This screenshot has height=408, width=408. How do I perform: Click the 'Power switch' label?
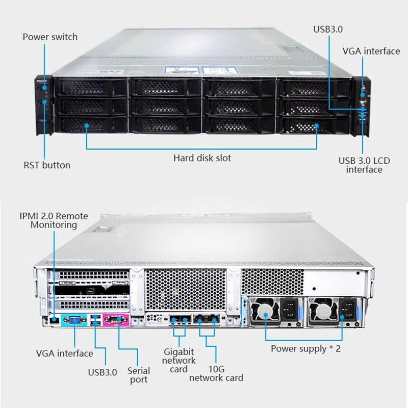pyautogui.click(x=50, y=37)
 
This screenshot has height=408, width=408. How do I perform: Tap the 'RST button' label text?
pyautogui.click(x=47, y=165)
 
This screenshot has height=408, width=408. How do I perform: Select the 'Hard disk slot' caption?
pyautogui.click(x=202, y=158)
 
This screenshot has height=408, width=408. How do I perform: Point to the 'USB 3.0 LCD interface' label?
pyautogui.click(x=364, y=165)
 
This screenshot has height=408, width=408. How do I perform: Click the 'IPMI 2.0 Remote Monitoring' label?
pyautogui.click(x=54, y=220)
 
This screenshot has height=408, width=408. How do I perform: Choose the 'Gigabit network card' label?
pyautogui.click(x=179, y=361)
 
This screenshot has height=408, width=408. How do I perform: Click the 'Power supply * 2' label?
pyautogui.click(x=305, y=349)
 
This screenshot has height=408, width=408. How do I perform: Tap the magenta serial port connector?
pyautogui.click(x=116, y=320)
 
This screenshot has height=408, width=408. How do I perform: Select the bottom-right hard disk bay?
pyautogui.click(x=313, y=125)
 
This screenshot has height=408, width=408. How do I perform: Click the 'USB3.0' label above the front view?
pyautogui.click(x=328, y=29)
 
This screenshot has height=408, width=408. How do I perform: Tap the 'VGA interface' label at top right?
pyautogui.click(x=371, y=51)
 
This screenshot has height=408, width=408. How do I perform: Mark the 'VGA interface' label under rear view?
pyautogui.click(x=65, y=353)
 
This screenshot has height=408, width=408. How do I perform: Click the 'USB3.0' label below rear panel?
pyautogui.click(x=103, y=372)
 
